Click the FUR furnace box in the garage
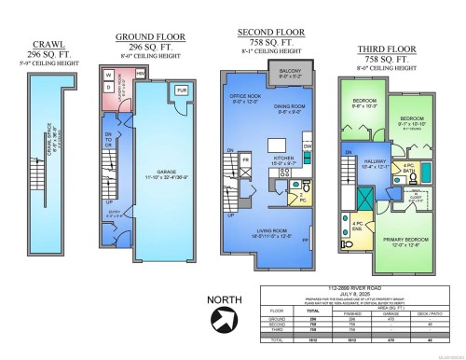181,91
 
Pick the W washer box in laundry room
108,75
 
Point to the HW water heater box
140,73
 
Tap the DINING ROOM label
293,108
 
